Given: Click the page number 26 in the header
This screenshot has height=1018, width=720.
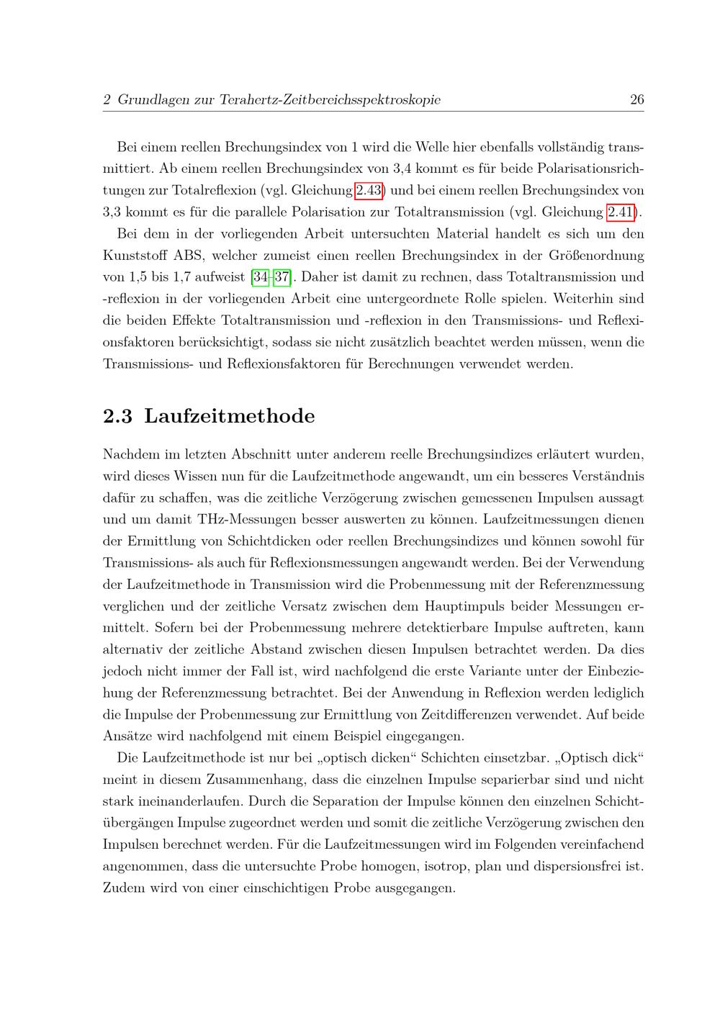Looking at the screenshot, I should (x=636, y=100).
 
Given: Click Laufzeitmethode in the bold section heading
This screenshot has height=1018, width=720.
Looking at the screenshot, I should (x=230, y=416).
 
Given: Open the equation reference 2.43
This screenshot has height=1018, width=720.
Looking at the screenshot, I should (x=368, y=191).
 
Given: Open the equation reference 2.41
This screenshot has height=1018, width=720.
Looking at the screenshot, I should (x=621, y=212).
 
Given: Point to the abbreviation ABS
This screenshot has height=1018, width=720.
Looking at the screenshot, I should (x=189, y=256).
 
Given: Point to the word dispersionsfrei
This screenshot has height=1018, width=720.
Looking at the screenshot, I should (x=579, y=865).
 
